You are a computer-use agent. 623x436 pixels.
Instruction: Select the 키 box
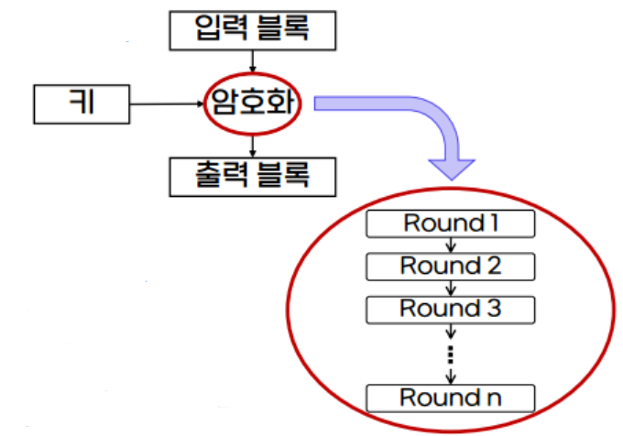81,104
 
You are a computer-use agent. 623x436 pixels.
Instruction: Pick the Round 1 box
449,223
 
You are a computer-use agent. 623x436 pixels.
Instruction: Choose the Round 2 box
449,267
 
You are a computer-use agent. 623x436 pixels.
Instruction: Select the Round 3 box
449,309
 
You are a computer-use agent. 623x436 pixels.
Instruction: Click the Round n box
449,398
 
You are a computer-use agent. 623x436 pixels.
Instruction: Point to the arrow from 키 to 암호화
165,104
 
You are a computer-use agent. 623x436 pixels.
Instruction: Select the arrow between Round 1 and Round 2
450,245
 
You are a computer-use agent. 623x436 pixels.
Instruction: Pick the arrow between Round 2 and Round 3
450,288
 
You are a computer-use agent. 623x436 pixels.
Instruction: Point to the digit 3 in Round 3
494,309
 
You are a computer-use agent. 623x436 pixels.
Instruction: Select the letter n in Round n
495,399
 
